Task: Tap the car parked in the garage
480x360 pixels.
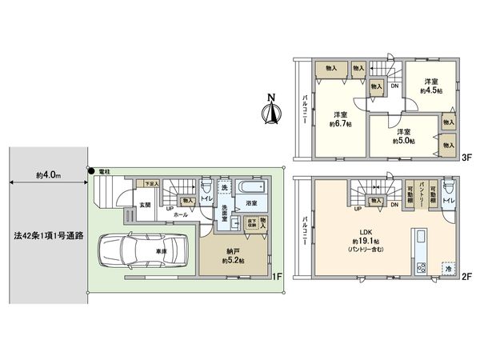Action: click(142, 251)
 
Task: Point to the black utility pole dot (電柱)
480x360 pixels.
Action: click(93, 170)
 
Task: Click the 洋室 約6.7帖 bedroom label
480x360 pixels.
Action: click(339, 118)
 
